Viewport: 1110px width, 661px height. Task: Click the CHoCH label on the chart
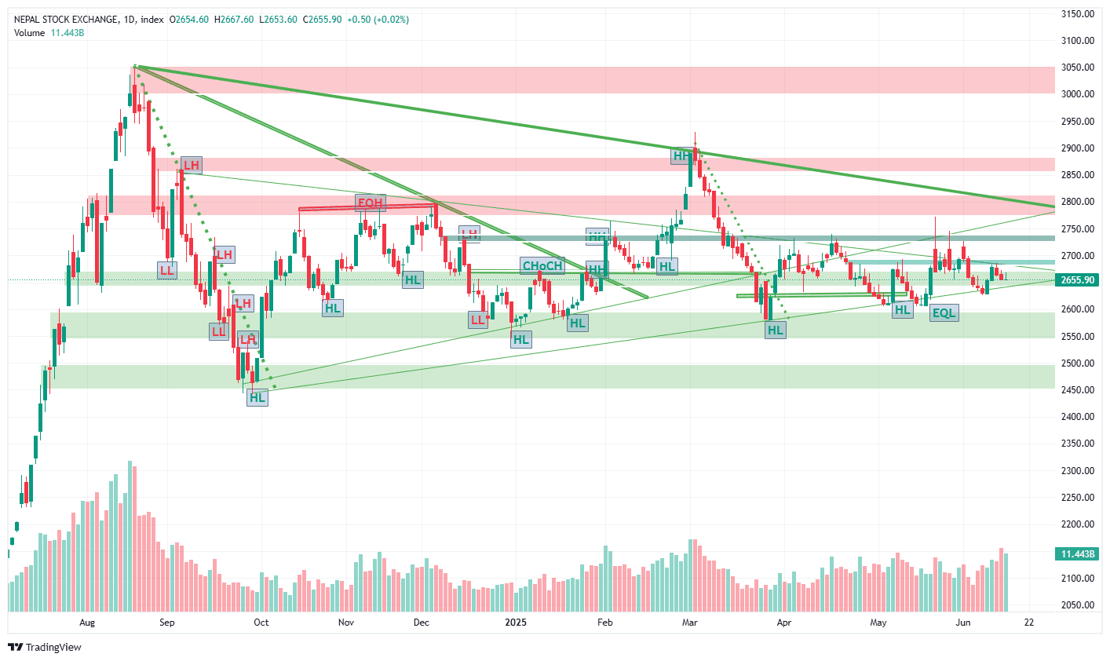coord(542,265)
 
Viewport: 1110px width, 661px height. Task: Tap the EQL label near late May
coord(944,313)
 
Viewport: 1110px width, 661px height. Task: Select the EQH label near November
coord(370,203)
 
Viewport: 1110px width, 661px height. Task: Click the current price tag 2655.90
coord(1077,280)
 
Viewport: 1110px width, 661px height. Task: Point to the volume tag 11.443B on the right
coord(1077,554)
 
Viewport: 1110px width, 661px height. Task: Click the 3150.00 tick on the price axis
coord(1077,14)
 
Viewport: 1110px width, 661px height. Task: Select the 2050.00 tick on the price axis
coord(1077,605)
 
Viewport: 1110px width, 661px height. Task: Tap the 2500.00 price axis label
coord(1077,363)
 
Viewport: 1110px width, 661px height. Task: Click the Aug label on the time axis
coord(87,623)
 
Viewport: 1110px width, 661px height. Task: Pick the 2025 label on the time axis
coord(516,623)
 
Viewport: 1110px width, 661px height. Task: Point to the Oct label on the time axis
coord(261,623)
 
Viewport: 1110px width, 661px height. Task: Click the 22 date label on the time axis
coord(1029,623)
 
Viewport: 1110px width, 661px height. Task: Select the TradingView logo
coord(45,648)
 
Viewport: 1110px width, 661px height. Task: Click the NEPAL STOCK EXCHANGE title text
coord(67,20)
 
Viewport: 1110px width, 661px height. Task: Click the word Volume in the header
coord(29,33)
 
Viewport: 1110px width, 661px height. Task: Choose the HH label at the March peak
coord(681,156)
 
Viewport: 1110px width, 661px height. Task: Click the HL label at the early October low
coord(257,397)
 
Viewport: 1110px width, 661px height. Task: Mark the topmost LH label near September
coord(191,165)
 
